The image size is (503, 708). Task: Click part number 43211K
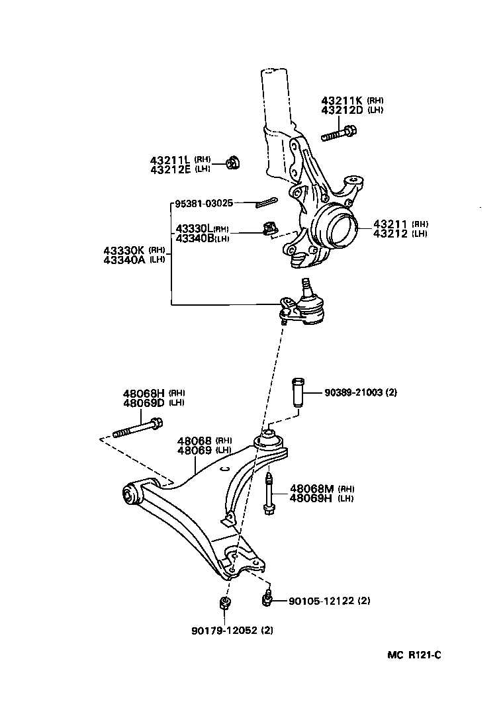pyautogui.click(x=343, y=101)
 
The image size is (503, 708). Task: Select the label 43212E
pyautogui.click(x=170, y=169)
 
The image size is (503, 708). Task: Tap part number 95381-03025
pyautogui.click(x=205, y=203)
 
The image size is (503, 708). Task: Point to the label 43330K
pyautogui.click(x=124, y=250)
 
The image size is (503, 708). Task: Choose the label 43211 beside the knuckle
pyautogui.click(x=391, y=224)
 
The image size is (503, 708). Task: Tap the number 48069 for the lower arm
pyautogui.click(x=195, y=450)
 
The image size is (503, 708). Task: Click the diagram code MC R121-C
pyautogui.click(x=414, y=655)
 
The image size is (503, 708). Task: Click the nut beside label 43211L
pyautogui.click(x=232, y=161)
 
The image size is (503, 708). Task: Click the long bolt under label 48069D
pyautogui.click(x=138, y=428)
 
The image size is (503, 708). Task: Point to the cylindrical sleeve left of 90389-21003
pyautogui.click(x=297, y=394)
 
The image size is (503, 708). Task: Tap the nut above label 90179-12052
pyautogui.click(x=224, y=603)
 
